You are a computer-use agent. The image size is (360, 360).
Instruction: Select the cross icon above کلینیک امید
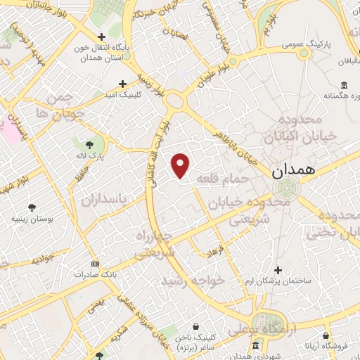[123, 83]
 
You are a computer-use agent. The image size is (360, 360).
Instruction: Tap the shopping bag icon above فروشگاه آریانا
[326, 337]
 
